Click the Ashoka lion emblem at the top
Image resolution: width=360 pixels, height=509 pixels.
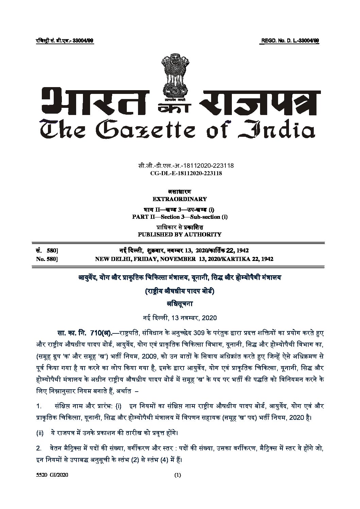175,74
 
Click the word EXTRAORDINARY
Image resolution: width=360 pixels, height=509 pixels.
180,199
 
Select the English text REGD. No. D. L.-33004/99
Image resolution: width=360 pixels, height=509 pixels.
290,41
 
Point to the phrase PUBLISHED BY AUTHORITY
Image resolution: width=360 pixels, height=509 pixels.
179,234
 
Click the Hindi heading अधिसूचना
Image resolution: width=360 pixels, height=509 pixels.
179,305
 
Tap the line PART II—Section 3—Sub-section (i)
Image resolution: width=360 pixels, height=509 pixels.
179,217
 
